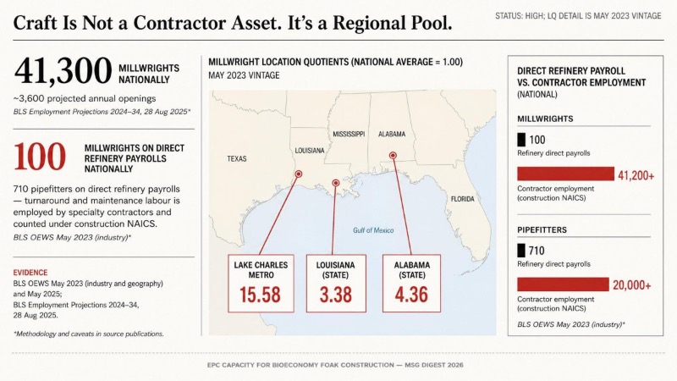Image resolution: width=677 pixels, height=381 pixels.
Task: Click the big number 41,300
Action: pos(63,71)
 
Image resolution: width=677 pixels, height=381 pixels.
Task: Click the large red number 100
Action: pos(40,157)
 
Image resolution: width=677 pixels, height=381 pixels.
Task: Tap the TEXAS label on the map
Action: pos(237,159)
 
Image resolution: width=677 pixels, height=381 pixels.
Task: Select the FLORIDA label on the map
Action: pos(462,199)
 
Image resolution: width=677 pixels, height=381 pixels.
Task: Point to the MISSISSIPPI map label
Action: pos(349,135)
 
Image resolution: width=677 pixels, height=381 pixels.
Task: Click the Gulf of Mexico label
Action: pos(373,230)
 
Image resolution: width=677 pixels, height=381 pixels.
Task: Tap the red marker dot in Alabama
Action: pos(393,156)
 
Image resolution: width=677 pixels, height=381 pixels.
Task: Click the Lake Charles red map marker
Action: pos(299,174)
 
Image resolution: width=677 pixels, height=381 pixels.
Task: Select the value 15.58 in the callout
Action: pos(261,295)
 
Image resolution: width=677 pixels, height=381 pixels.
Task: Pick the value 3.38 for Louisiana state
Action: pos(336,295)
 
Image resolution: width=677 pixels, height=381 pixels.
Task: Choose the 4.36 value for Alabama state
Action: pos(411,295)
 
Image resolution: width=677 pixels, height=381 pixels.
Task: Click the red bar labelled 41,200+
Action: pos(565,174)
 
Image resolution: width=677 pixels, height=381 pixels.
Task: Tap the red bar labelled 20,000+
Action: pos(563,284)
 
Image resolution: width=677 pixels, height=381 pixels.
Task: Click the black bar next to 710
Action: pos(521,251)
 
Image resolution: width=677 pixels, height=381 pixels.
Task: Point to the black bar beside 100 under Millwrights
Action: pos(521,140)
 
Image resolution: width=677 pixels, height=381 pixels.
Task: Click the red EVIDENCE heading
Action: pos(30,273)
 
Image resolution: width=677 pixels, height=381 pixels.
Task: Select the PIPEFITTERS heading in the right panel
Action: pos(542,229)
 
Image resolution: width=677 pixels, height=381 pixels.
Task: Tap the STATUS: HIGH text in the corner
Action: pos(520,16)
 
